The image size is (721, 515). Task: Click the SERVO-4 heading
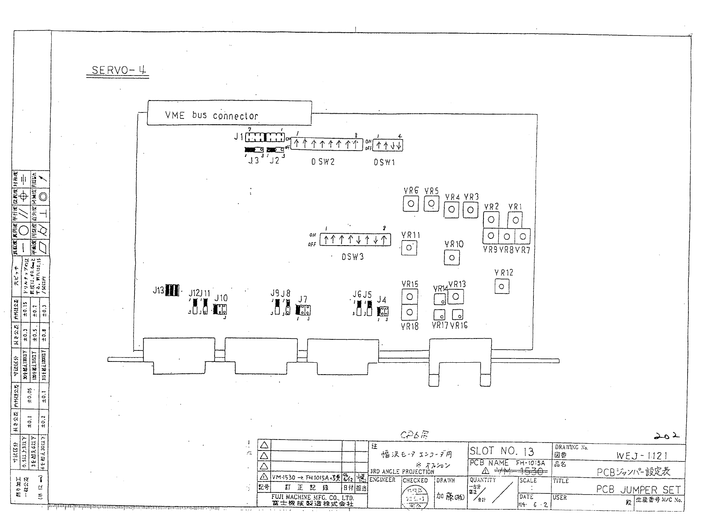tap(118, 70)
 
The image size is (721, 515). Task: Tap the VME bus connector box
tap(229, 113)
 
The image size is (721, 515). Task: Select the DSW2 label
tap(323, 162)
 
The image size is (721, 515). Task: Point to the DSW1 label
tap(384, 162)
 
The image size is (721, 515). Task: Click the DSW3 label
tap(352, 257)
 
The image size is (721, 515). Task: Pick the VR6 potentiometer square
tap(411, 204)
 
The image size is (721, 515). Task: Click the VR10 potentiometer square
tap(452, 257)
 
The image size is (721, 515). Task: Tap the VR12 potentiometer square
tap(502, 286)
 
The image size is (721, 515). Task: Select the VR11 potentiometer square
tap(409, 247)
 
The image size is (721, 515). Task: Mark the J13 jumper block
tap(172, 290)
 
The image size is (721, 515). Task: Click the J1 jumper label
tap(238, 137)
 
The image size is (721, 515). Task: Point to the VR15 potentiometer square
tap(409, 297)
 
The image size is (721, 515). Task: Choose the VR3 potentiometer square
tap(470, 209)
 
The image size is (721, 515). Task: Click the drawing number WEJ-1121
tap(642, 456)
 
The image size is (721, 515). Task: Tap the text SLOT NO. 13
tap(501, 451)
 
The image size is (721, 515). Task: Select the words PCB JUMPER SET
tap(638, 489)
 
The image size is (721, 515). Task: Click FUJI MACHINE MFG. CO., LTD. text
tap(313, 497)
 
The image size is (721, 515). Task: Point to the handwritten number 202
tap(666, 436)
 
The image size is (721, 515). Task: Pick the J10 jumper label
tap(221, 298)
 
